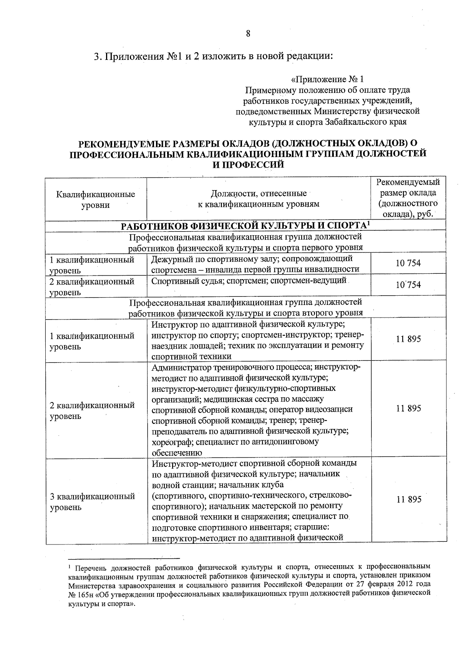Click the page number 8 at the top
[x=248, y=33]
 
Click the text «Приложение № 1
[x=327, y=79]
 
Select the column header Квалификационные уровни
[x=96, y=199]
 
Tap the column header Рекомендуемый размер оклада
[x=408, y=198]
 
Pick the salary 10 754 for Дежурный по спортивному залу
[x=408, y=263]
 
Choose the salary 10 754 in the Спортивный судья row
[x=408, y=285]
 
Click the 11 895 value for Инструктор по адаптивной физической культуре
[x=408, y=339]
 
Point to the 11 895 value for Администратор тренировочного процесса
[x=408, y=408]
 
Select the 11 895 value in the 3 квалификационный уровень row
[x=408, y=499]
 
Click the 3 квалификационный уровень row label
[x=92, y=501]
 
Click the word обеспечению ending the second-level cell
[x=177, y=452]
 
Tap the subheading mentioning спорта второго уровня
[x=245, y=313]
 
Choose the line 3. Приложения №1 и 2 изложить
[x=213, y=56]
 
